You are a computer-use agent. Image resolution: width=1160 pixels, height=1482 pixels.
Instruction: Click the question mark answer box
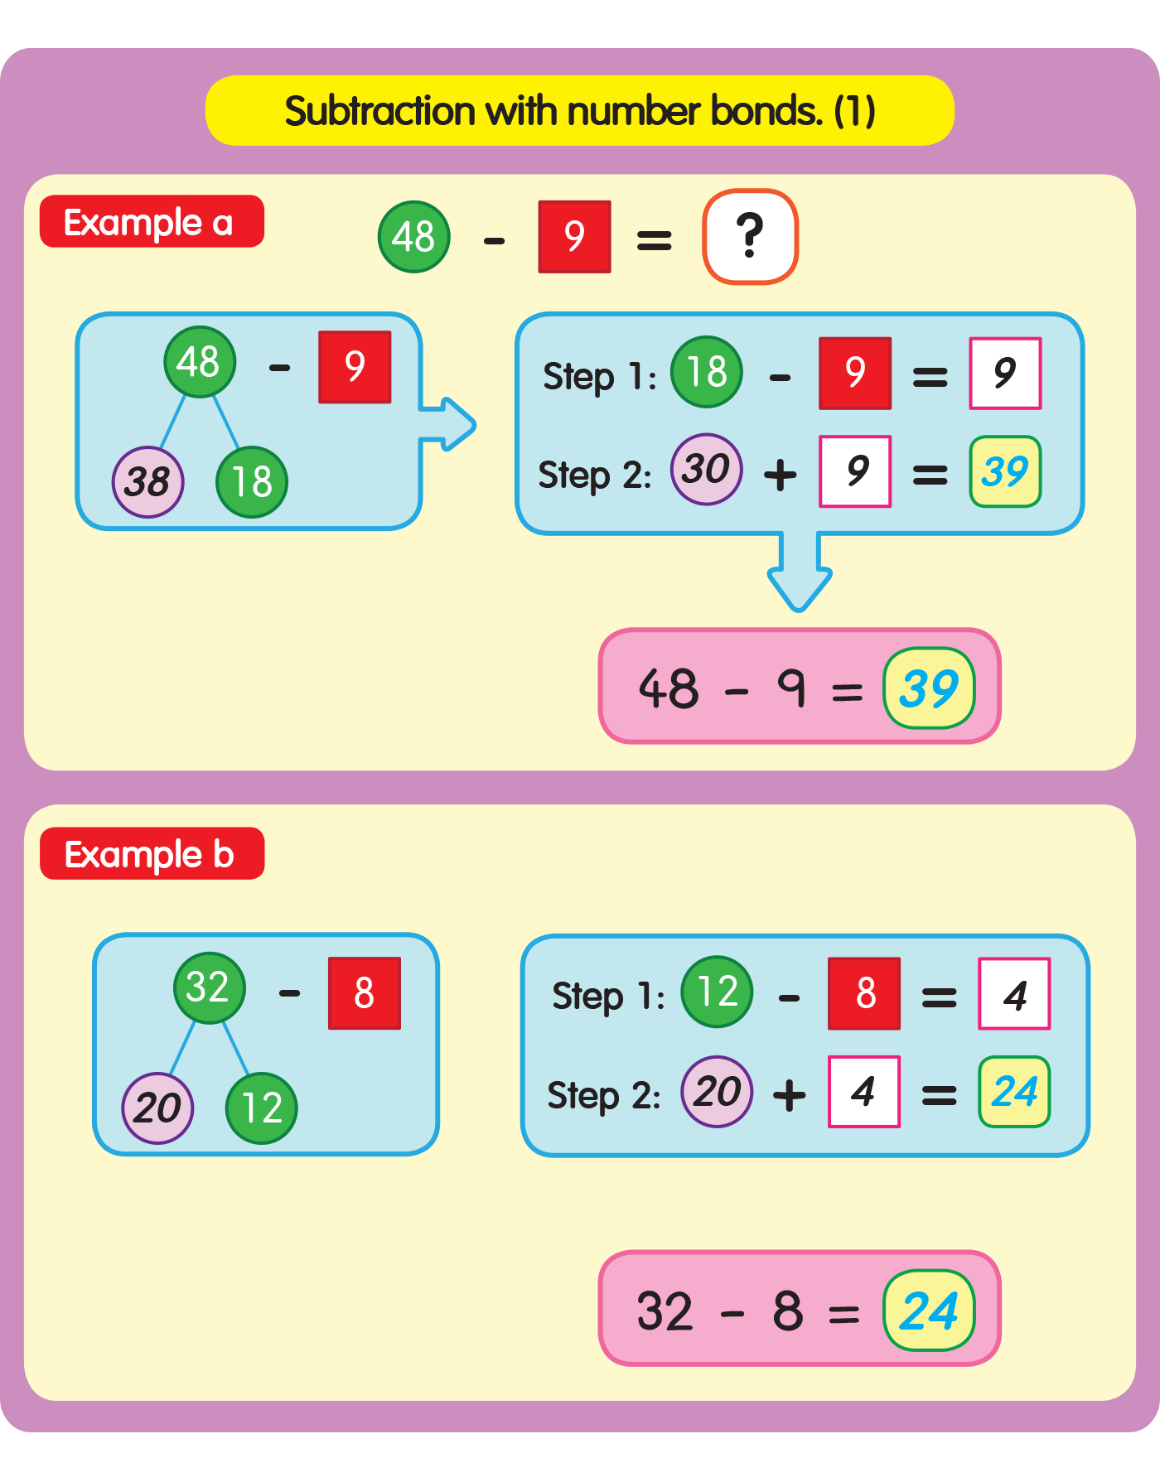pos(750,237)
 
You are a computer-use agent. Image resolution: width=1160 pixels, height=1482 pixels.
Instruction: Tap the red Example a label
pos(152,222)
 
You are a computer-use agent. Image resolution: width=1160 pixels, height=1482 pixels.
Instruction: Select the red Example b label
pos(152,854)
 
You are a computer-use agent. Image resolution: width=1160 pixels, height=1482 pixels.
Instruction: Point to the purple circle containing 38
pos(147,482)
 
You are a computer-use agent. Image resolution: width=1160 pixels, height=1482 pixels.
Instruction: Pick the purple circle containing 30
pos(706,470)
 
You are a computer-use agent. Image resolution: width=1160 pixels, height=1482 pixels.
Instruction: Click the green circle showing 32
pos(209,987)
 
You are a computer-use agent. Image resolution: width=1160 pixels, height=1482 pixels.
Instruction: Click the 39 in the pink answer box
pos(929,688)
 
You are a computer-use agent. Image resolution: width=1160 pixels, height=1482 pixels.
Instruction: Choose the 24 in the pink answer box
pos(929,1311)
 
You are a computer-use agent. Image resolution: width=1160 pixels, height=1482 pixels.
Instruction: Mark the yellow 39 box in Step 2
pos(1005,472)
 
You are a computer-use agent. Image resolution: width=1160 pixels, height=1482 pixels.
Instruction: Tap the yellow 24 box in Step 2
pos(1014,1092)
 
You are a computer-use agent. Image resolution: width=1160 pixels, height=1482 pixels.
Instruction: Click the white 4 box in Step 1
pos(1014,994)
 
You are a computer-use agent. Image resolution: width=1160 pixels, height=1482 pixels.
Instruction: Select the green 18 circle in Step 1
pos(706,372)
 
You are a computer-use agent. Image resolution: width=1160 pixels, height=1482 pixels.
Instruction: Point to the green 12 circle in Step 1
pos(717,992)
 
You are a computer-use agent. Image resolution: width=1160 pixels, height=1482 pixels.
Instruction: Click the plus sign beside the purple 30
pos(781,475)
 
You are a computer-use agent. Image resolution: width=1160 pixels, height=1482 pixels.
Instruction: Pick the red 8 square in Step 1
pos(864,993)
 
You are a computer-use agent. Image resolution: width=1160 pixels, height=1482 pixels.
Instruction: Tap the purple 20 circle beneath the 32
pos(157,1108)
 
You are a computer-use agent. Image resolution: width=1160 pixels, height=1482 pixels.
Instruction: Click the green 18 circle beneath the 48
pos(252,482)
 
